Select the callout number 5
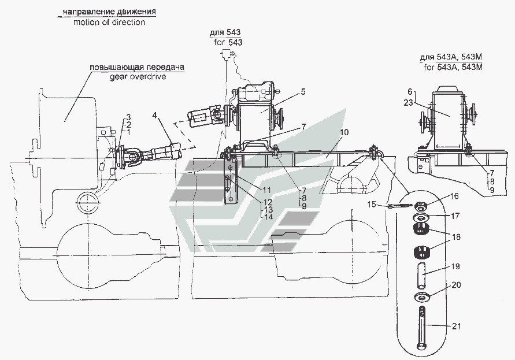tap(303, 92)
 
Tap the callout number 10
tap(344, 132)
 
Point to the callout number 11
tap(266, 190)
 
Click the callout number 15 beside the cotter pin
tap(372, 205)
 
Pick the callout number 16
tap(454, 196)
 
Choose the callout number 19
tap(455, 266)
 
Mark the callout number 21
tap(456, 326)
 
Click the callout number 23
tap(408, 103)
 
